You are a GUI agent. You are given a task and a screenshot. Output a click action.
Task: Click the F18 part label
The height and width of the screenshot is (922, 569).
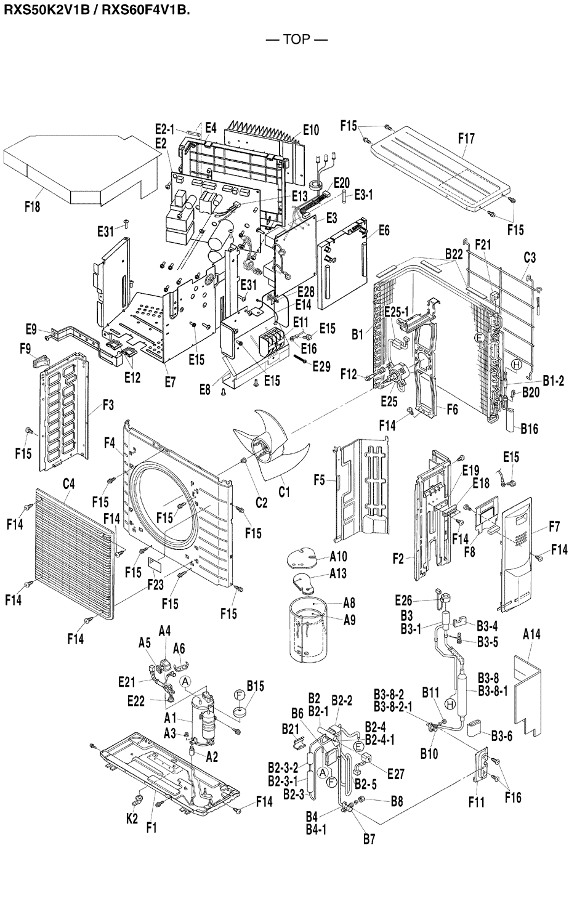[x=32, y=208]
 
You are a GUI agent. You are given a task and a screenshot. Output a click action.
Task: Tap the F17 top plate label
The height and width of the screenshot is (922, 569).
[x=466, y=139]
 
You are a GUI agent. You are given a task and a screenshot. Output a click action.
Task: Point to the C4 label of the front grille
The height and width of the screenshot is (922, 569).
[x=68, y=484]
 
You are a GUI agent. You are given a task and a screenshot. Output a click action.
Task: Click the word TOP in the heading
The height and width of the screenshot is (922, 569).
[x=296, y=40]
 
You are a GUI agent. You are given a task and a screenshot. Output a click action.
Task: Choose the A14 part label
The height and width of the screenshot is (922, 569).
[x=532, y=634]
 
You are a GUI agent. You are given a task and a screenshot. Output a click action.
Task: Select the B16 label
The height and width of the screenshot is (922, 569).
[x=529, y=429]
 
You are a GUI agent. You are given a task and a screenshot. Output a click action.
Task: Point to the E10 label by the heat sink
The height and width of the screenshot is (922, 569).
[x=311, y=130]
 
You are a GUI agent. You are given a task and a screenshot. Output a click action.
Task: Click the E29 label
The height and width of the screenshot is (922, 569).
[x=321, y=366]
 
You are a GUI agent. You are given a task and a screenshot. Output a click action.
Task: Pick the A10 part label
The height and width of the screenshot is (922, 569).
[x=338, y=557]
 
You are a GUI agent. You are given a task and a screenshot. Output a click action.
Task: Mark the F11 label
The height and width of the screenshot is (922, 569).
[x=476, y=803]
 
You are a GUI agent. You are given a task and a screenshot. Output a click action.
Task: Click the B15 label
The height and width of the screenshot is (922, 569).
[x=255, y=685]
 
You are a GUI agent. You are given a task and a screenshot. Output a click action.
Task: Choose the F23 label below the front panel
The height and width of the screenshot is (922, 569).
[x=155, y=582]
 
